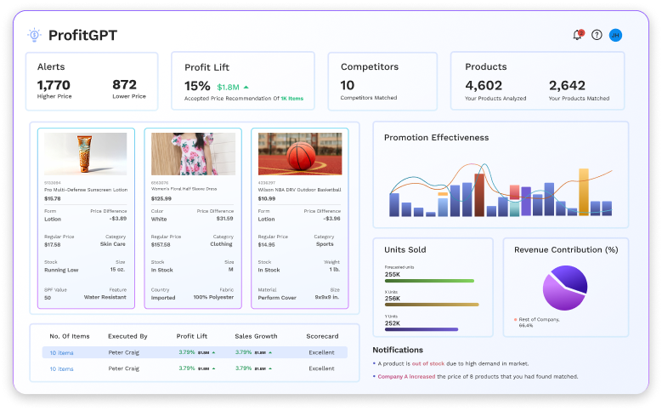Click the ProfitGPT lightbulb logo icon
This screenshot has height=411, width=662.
point(34,35)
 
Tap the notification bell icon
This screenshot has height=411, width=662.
point(578,35)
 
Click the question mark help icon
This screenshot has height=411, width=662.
point(597,35)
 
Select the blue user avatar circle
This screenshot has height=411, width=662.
point(616,35)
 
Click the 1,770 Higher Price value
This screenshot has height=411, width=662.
point(54,85)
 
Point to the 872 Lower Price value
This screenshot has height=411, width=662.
point(124,85)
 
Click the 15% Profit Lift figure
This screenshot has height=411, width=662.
point(197,86)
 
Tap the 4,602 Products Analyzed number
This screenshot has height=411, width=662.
point(484,85)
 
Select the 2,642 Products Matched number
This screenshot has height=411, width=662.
point(567,85)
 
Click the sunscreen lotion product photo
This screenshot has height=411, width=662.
point(85,153)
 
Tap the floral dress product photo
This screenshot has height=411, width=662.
point(193,153)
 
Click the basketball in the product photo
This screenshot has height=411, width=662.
point(299,156)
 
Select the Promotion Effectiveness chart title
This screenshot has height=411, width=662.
point(436,137)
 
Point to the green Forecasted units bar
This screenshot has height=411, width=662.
point(429,280)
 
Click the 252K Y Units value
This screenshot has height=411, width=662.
point(393,323)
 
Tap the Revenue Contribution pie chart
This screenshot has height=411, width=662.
point(564,287)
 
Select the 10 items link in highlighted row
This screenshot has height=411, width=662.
point(61,352)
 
